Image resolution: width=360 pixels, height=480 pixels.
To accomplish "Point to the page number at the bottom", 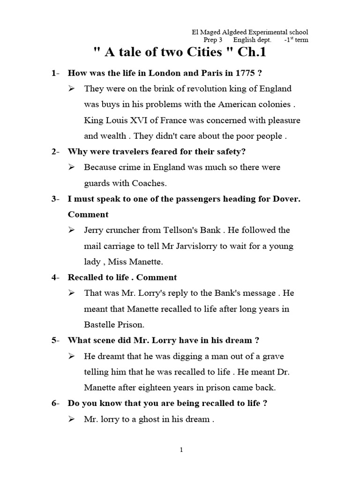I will tap(181, 450).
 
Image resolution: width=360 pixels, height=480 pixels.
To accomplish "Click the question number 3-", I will tap(56, 199).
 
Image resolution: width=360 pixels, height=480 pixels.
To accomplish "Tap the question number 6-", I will tap(56, 403).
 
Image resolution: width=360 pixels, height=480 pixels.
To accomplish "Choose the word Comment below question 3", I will tap(88, 214).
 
